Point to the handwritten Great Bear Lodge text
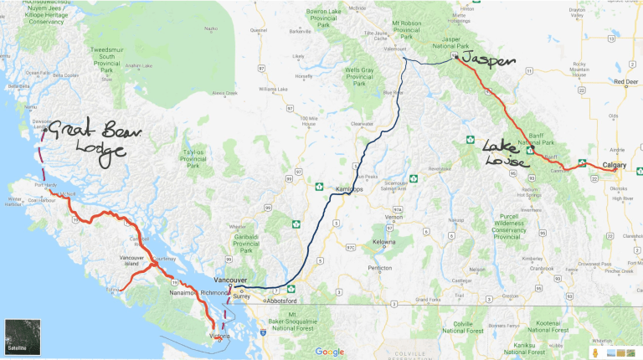pos(87,140)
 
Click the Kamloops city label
pos(352,190)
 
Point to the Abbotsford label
pos(281,300)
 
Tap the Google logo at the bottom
pos(329,352)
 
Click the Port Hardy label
pos(44,185)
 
